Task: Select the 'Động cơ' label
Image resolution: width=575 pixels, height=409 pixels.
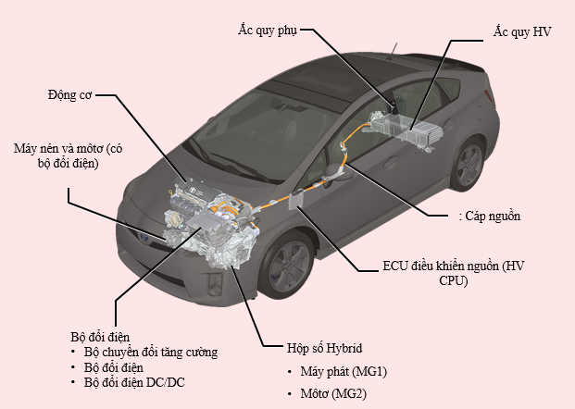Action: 69,93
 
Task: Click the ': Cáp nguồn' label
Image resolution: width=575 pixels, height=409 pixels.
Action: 489,217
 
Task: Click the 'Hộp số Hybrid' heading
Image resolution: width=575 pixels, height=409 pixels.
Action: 323,349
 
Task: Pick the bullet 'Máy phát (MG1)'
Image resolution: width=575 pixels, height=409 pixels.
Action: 343,372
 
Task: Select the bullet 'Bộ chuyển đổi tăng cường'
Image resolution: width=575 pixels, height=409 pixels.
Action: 150,352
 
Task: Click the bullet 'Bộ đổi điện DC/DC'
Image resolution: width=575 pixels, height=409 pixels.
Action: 133,381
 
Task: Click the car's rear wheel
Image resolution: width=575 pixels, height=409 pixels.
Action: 469,167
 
